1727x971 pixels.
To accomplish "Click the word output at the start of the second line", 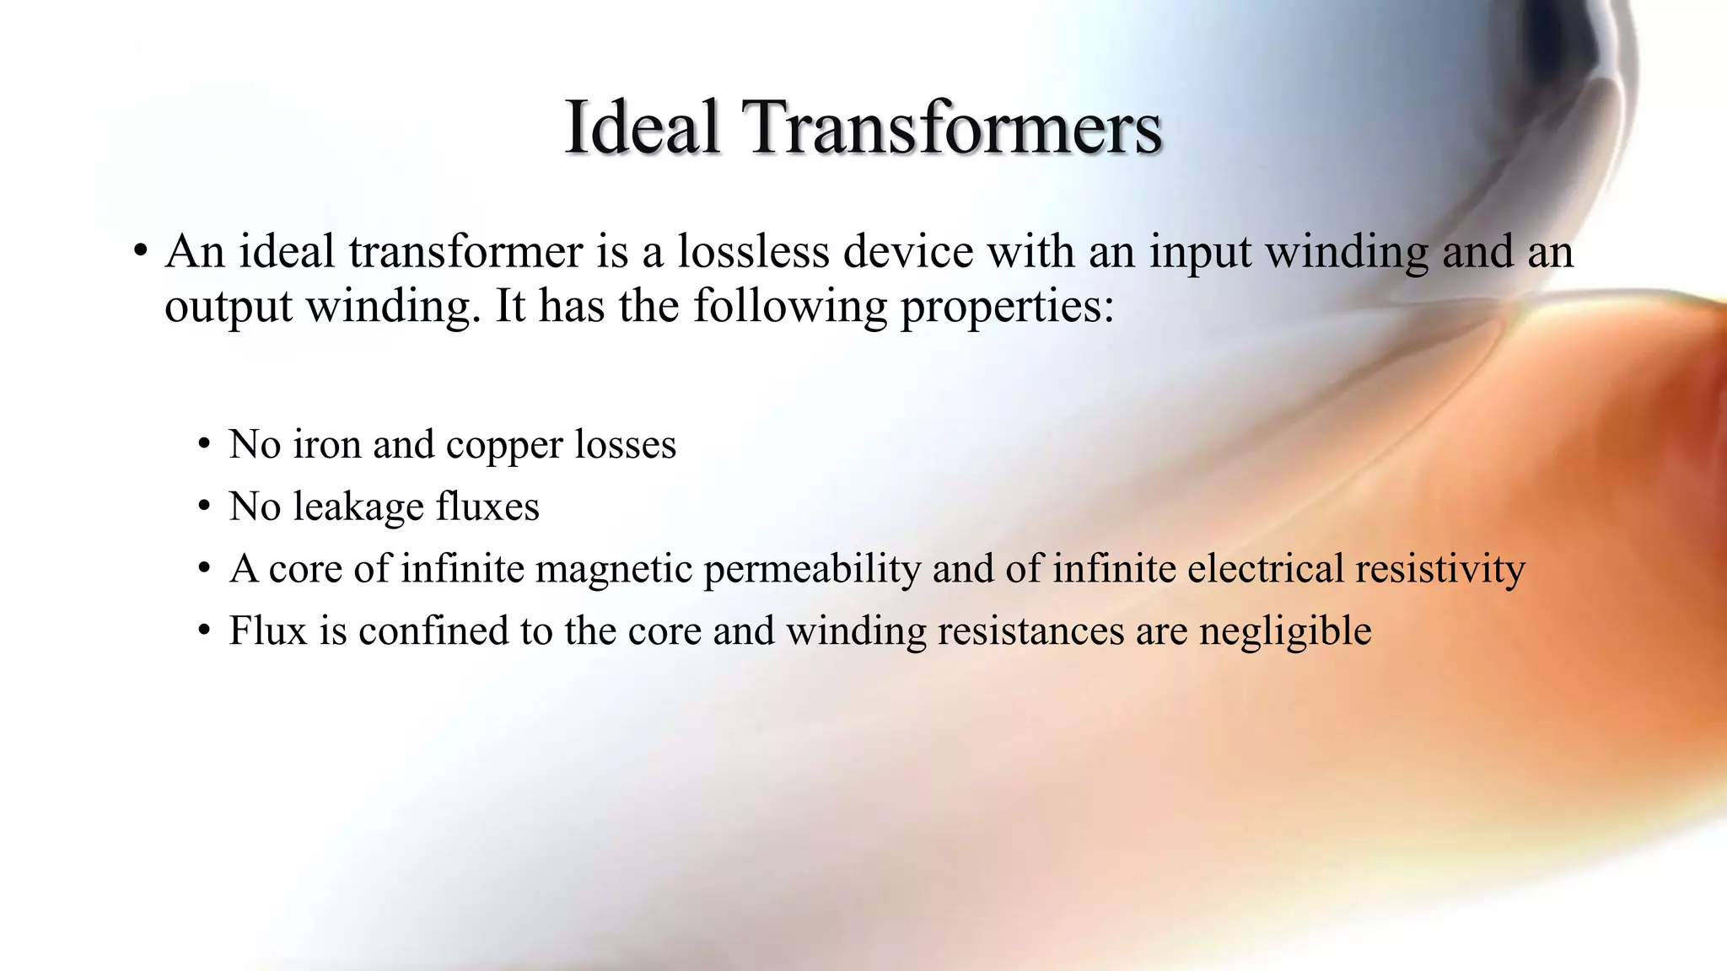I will click(228, 306).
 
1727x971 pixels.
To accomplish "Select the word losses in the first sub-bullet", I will click(625, 444).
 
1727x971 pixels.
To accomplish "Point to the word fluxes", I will click(487, 507).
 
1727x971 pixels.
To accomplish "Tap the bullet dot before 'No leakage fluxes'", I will click(204, 507).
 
